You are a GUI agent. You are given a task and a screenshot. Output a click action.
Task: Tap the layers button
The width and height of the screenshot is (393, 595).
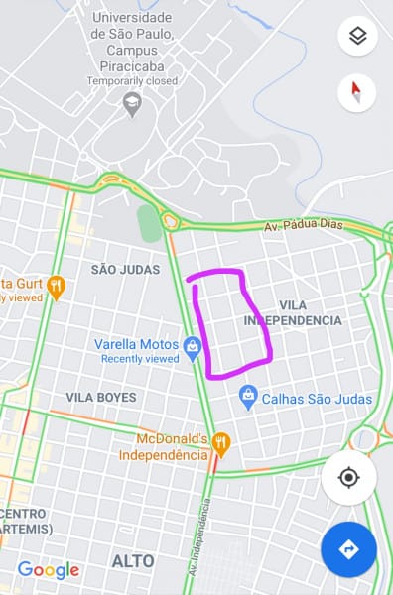tap(357, 37)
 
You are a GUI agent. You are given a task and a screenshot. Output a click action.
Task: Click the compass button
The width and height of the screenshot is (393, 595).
tap(357, 93)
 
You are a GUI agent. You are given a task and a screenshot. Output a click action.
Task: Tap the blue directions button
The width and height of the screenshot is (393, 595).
tap(348, 549)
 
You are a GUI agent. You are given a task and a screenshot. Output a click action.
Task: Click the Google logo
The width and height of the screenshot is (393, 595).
tap(48, 569)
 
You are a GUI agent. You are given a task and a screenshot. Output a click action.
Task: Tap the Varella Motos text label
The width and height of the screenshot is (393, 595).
tap(135, 344)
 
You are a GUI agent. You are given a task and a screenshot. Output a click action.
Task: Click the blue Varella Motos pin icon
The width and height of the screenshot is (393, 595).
tap(193, 347)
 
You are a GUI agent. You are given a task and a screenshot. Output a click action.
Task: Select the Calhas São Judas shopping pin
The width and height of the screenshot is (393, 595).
tap(248, 398)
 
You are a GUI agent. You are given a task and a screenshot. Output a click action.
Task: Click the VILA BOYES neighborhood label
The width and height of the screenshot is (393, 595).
tap(101, 397)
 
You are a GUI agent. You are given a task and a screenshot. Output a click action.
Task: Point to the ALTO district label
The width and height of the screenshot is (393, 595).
tap(133, 561)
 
